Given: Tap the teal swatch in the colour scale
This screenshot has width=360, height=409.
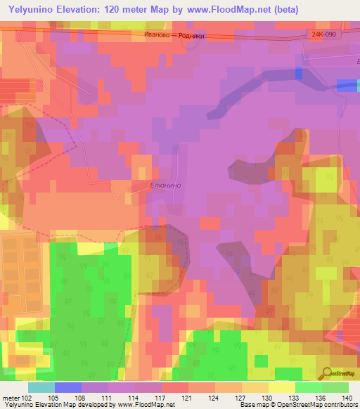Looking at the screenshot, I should tap(41, 387).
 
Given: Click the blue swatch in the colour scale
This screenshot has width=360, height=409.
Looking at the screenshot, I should tap(67, 387).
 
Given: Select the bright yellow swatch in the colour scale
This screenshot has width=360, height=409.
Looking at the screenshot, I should tap(281, 387).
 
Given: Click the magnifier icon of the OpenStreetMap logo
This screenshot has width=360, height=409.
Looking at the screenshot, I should tap(326, 373).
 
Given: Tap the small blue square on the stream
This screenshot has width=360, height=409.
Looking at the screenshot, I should tap(298, 73).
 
